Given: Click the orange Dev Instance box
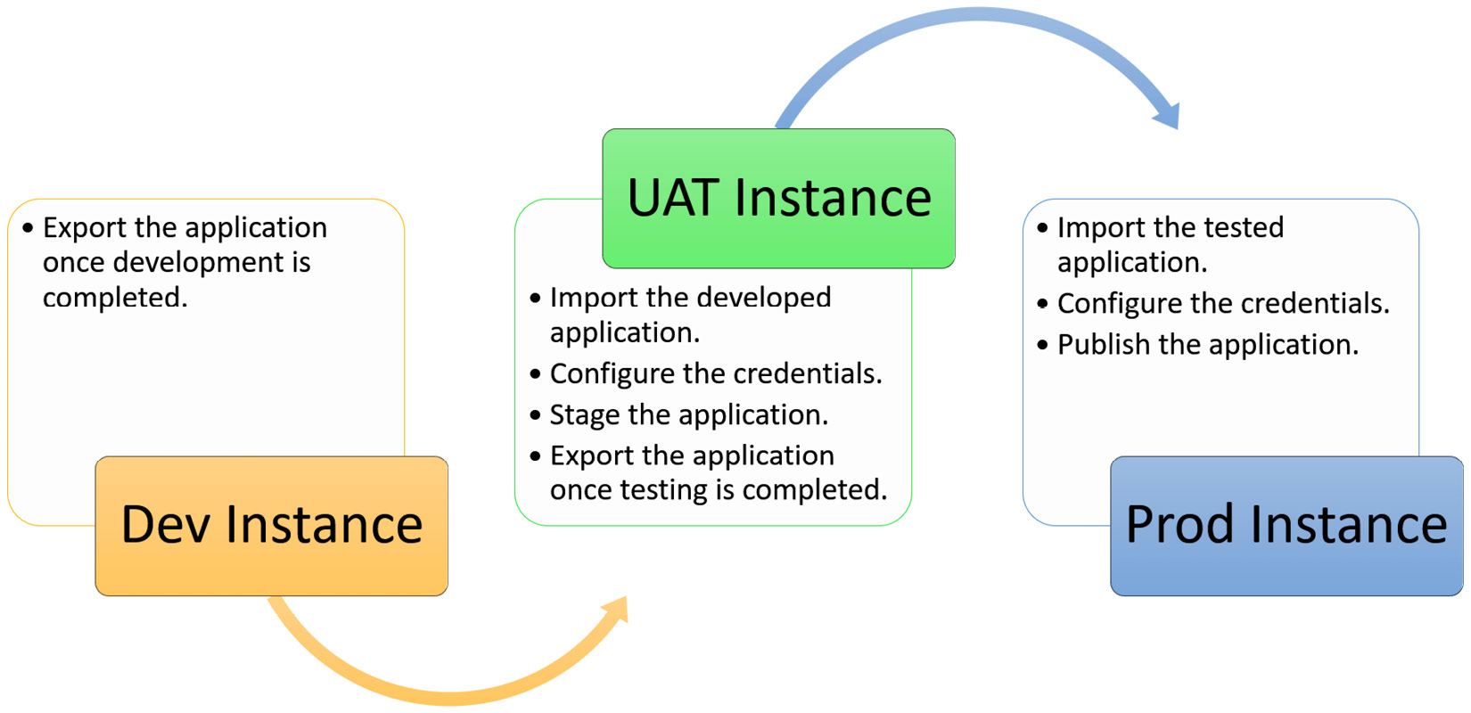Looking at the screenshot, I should [271, 526].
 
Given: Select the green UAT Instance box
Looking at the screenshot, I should [778, 198].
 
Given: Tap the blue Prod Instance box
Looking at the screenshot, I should [1286, 526].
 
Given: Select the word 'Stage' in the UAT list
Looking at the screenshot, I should [585, 415].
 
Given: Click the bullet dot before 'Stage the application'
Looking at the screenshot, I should [535, 415].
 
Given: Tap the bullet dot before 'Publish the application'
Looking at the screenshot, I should [1043, 345].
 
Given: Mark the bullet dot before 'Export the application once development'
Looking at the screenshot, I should [28, 228].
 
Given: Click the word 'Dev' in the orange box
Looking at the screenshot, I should [168, 526].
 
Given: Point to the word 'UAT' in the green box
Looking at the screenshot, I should [673, 198].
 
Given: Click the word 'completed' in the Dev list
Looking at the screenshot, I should [113, 298].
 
